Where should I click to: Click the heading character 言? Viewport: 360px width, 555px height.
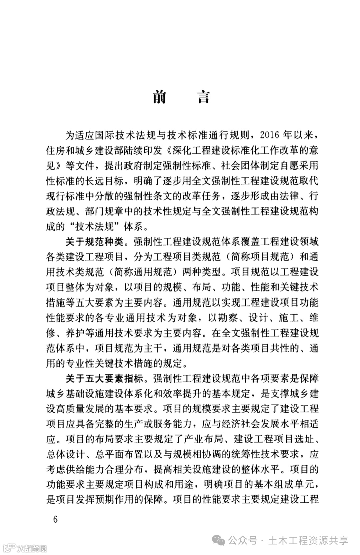(x=203, y=97)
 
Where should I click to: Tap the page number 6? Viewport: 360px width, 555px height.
(x=55, y=519)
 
